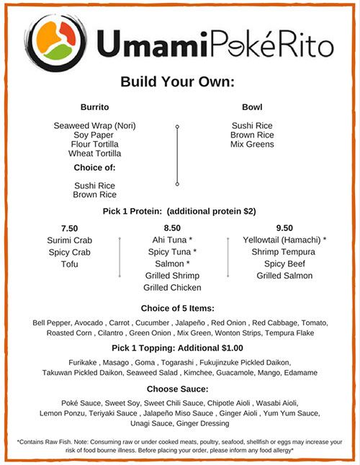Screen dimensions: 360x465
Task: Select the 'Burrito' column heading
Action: [x=94, y=107]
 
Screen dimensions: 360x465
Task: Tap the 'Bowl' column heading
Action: [x=252, y=107]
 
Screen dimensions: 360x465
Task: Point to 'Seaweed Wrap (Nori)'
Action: [x=94, y=126]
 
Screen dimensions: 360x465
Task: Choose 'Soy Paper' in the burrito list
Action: [x=94, y=135]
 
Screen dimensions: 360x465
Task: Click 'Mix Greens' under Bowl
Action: [x=252, y=144]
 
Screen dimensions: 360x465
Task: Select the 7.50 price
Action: [x=69, y=227]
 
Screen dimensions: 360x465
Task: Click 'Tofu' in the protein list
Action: [x=69, y=264]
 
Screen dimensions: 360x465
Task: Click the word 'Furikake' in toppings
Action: [x=90, y=364]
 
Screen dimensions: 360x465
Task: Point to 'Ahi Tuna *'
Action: [x=173, y=240]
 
